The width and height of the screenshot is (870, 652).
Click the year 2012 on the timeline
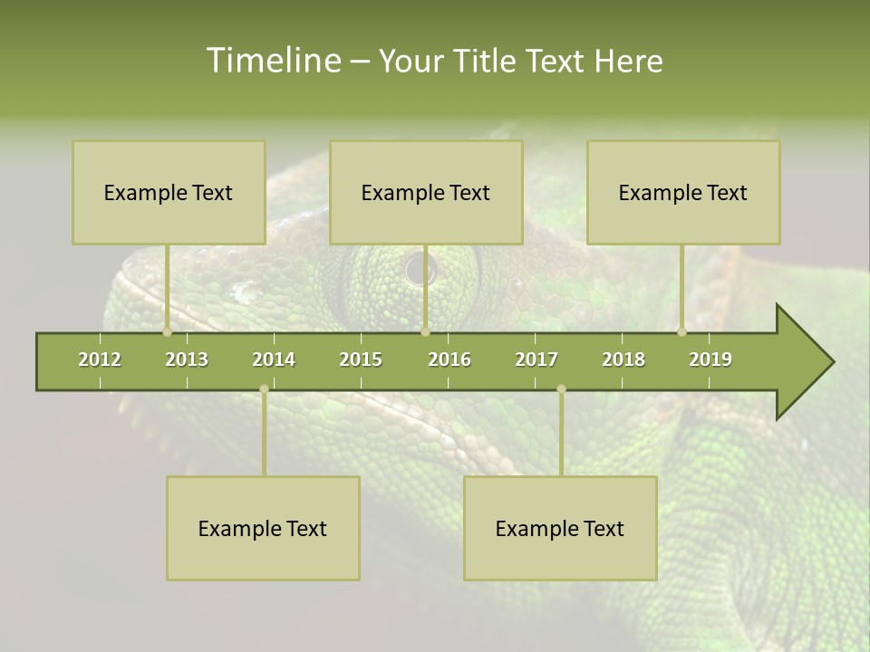pos(100,360)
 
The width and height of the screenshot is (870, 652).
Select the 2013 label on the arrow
pos(187,360)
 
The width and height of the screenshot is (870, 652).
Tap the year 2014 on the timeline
pos(274,360)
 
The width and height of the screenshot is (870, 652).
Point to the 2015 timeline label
pos(361,360)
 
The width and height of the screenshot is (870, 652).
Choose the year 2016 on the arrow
pos(449,360)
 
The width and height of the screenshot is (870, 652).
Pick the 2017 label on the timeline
pos(536,360)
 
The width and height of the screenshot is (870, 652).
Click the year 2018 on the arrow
pos(623,360)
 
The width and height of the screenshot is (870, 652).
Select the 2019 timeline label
pos(710,360)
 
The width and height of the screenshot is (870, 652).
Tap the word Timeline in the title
pos(271,61)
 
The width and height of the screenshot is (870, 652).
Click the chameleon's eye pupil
pos(420,269)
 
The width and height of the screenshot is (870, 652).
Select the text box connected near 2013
pos(169,192)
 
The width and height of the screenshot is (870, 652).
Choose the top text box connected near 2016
pos(426,192)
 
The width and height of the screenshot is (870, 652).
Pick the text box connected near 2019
pos(683,192)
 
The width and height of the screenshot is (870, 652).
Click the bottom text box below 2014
pos(263,528)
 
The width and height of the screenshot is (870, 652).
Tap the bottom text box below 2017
pos(560,528)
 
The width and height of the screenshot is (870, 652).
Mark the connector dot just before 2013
pos(168,331)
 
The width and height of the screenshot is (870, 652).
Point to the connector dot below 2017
pos(561,389)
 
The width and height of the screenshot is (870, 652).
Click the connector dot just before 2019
pos(681,331)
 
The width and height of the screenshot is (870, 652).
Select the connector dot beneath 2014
pos(264,389)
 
